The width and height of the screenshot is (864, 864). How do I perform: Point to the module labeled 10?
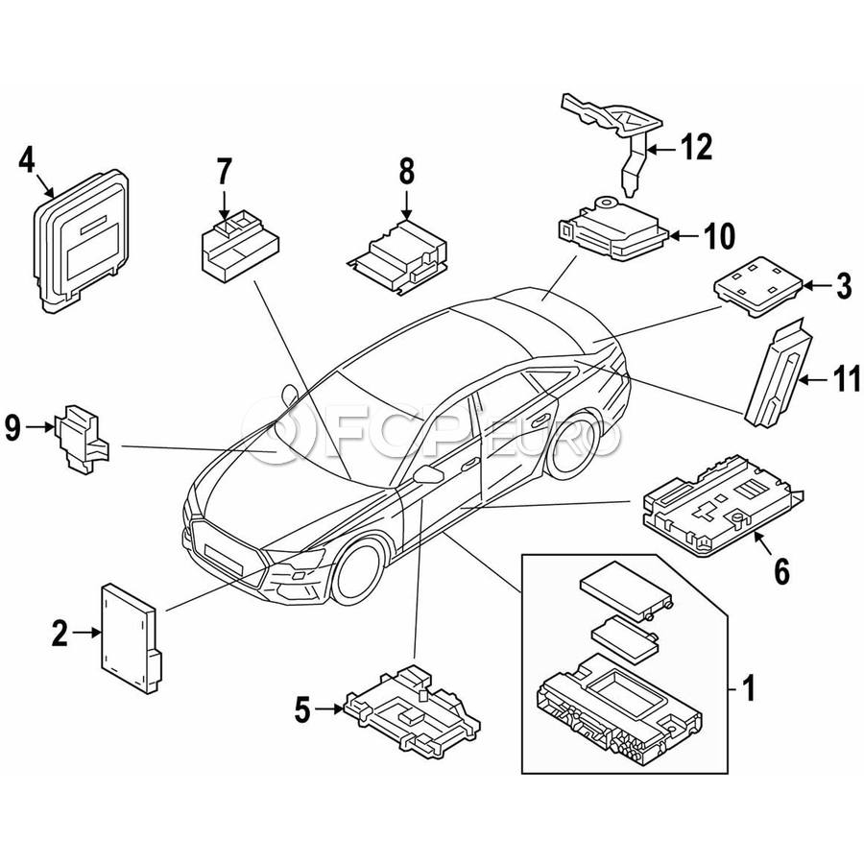click(x=612, y=232)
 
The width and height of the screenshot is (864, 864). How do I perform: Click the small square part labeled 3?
click(x=758, y=285)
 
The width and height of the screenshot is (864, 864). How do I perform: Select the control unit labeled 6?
click(x=721, y=507)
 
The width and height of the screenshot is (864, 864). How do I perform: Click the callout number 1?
click(x=748, y=688)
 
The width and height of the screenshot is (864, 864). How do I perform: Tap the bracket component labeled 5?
click(x=412, y=709)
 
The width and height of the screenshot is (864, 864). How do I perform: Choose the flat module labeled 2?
click(x=130, y=637)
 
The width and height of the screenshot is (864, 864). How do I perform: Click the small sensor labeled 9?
click(x=82, y=439)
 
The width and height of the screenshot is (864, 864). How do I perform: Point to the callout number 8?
click(x=406, y=172)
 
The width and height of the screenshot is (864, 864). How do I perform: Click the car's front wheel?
click(x=359, y=571)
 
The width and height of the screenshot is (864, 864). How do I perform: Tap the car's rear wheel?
click(x=573, y=442)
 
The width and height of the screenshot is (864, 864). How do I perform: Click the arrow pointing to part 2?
click(x=86, y=633)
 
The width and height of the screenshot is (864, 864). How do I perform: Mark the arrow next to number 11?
click(x=814, y=379)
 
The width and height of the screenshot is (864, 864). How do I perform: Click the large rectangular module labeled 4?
click(x=81, y=241)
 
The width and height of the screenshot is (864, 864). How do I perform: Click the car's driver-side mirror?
click(x=427, y=473)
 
